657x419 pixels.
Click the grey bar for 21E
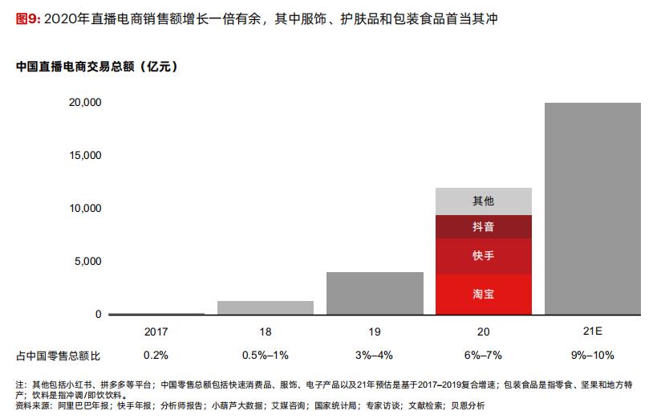coord(592,209)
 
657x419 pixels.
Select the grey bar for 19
coord(374,293)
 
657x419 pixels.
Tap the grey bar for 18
coord(265,307)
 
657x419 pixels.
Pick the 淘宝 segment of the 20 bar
coord(483,295)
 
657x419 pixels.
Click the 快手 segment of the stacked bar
coord(483,256)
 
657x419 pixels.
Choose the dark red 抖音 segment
coord(483,227)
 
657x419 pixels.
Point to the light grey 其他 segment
coord(483,201)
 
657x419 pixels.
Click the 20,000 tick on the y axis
coord(85,103)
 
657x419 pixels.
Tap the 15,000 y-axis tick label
coord(85,156)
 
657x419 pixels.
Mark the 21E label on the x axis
coord(592,331)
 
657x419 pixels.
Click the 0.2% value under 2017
coord(156,355)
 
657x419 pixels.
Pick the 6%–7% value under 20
coord(483,355)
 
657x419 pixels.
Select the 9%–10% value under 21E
coord(592,355)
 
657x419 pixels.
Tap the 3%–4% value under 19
coord(374,355)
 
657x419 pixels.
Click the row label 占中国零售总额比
coord(58,355)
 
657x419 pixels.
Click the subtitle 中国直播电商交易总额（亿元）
coord(96,67)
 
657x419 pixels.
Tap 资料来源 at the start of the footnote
coord(30,406)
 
